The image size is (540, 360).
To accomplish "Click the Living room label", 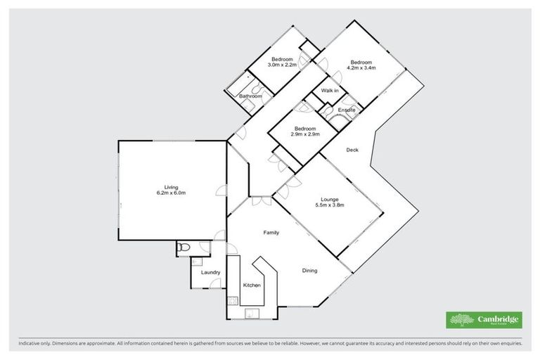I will (172, 187).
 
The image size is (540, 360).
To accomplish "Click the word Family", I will (272, 232).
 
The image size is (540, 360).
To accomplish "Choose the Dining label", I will (310, 270).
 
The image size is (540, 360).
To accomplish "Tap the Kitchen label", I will (252, 285).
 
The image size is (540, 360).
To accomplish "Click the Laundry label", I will (211, 272).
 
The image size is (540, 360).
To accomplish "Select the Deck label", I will (353, 149).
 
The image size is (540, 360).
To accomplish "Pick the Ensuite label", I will (346, 111).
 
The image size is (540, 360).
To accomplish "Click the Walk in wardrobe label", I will (330, 91).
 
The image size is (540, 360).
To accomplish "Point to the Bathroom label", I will (250, 96).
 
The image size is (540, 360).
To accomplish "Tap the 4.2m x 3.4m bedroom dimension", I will (361, 68).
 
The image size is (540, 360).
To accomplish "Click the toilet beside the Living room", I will (183, 247).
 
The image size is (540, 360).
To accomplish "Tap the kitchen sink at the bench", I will (252, 314).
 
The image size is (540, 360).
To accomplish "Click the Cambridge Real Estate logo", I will (484, 321).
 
